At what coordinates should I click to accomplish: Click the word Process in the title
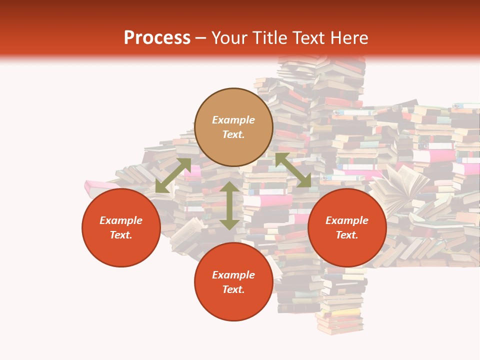[157, 38]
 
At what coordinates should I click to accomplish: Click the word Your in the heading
[230, 38]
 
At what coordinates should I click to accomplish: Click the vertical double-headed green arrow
[229, 205]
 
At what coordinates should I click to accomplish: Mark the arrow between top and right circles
[293, 170]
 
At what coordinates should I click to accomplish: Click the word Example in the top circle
[233, 120]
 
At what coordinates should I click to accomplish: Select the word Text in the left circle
[121, 235]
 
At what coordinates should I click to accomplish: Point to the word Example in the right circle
[347, 220]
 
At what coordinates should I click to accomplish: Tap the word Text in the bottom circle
[233, 289]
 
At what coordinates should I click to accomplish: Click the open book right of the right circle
[400, 187]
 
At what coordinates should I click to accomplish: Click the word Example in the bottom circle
[233, 275]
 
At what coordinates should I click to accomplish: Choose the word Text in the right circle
[347, 235]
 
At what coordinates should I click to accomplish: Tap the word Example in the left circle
[121, 220]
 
